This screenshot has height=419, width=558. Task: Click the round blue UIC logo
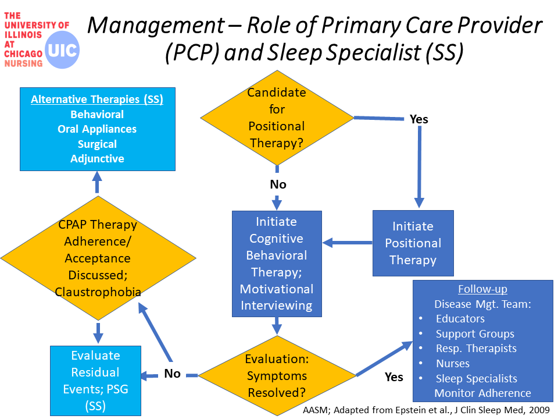(62, 50)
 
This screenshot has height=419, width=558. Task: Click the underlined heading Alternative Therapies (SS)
(97, 100)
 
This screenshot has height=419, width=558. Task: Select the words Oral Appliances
(97, 129)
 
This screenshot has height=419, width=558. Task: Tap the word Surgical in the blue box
(97, 144)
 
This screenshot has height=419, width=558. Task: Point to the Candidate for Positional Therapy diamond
(277, 118)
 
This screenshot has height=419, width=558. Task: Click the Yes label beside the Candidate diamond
(419, 119)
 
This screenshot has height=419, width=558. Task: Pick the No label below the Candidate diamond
(278, 184)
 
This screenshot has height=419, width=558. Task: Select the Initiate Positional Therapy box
(413, 243)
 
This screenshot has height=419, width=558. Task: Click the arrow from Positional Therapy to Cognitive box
(348, 243)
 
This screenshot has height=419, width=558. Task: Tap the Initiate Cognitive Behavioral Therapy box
(277, 264)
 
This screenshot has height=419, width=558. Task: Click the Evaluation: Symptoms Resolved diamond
(277, 375)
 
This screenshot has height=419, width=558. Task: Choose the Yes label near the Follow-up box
(394, 377)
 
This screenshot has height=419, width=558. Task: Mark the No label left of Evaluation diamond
(172, 374)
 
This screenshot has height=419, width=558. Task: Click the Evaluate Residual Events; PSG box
(95, 381)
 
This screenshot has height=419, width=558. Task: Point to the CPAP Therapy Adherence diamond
(98, 258)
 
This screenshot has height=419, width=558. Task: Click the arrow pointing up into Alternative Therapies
(97, 182)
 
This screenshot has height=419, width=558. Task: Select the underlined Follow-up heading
(482, 289)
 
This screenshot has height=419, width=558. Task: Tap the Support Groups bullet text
(475, 334)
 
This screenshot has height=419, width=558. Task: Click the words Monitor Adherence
(482, 393)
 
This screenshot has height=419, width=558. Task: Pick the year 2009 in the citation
(539, 410)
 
